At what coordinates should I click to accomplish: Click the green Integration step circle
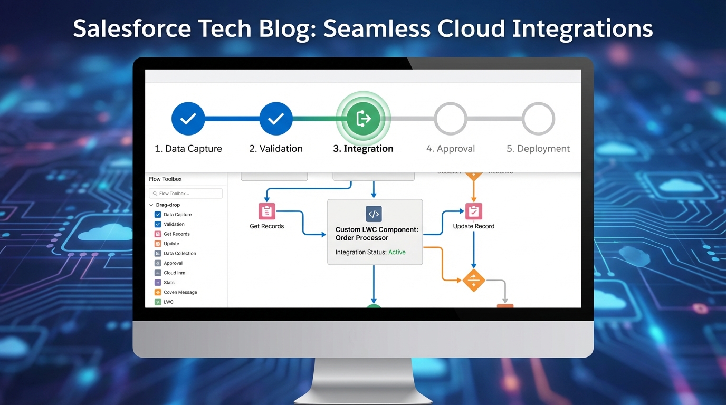[363, 119]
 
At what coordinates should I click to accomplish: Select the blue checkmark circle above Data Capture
[188, 119]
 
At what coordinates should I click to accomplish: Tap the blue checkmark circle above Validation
[275, 119]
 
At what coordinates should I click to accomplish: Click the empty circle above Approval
[450, 119]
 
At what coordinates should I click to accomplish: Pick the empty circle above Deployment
[538, 119]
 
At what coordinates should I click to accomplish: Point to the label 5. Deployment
[538, 149]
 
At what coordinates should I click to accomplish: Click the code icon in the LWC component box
[374, 214]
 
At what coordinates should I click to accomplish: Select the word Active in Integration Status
[397, 252]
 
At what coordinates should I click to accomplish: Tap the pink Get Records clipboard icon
[267, 211]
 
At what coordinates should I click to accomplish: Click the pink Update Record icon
[474, 211]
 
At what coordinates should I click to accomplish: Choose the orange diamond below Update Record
[473, 280]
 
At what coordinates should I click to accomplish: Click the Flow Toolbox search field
[186, 194]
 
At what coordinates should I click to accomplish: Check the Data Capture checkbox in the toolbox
[158, 215]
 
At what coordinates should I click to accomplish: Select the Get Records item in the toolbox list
[176, 234]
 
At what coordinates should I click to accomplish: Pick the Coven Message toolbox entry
[180, 292]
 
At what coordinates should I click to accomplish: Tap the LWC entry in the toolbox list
[168, 302]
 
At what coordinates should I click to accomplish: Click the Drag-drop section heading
[168, 205]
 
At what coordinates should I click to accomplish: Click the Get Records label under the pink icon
[266, 226]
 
